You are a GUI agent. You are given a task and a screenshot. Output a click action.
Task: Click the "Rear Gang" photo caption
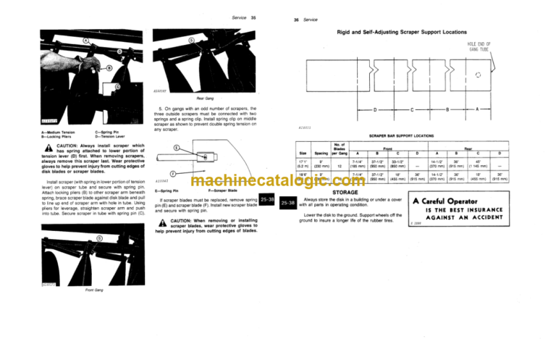184,98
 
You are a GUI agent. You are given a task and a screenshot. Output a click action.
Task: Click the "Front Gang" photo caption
93,290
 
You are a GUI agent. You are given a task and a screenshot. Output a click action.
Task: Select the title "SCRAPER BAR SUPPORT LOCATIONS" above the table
402,135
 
